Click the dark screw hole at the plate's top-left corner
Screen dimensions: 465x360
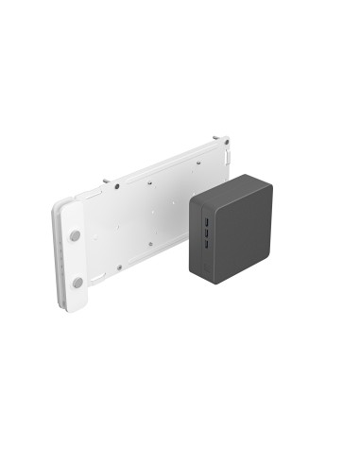115,186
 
